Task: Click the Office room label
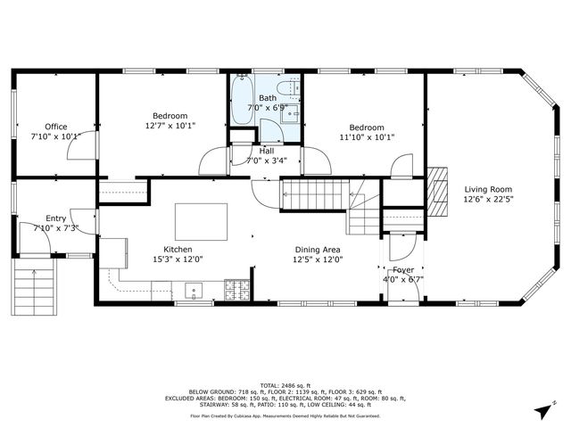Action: [x=55, y=127]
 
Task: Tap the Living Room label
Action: [x=488, y=188]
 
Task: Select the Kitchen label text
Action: [x=178, y=249]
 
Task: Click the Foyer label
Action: [x=403, y=268]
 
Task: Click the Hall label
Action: [x=267, y=151]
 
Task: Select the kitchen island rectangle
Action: [x=201, y=219]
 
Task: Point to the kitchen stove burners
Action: [x=236, y=289]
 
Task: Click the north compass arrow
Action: [x=541, y=411]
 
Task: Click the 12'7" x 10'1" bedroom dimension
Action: [x=169, y=126]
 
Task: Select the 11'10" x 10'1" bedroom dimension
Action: [x=367, y=137]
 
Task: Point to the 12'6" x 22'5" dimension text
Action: [x=488, y=199]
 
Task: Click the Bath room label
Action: [x=268, y=98]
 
